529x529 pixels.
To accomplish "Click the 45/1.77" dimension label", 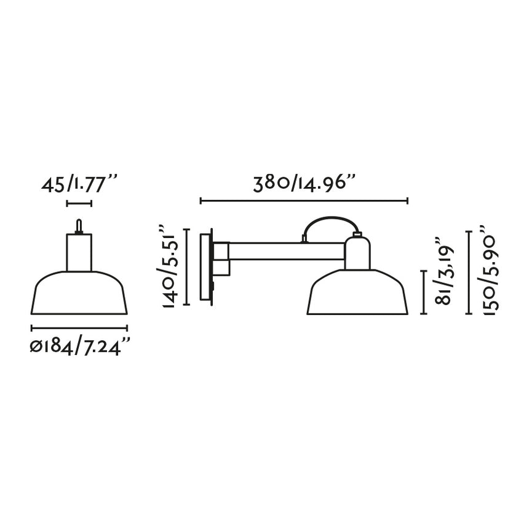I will click(x=79, y=183).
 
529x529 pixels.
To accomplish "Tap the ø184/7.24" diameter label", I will click(x=81, y=348).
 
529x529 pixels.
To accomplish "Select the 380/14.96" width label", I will click(x=304, y=183).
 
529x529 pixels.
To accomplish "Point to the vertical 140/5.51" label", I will click(x=168, y=268).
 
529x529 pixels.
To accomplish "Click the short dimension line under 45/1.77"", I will click(x=79, y=203).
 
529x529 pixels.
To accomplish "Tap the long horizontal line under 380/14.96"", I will click(x=304, y=201).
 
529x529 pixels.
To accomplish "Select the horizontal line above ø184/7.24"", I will click(x=79, y=328).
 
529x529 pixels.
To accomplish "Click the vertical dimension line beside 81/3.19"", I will click(x=424, y=292).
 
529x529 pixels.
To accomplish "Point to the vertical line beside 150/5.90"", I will click(x=471, y=272).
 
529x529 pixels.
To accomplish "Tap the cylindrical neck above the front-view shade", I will click(x=79, y=252).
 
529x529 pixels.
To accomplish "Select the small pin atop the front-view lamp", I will click(x=78, y=226).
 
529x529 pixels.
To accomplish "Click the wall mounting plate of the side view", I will click(x=206, y=266).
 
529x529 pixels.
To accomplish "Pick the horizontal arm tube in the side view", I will click(x=286, y=251).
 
